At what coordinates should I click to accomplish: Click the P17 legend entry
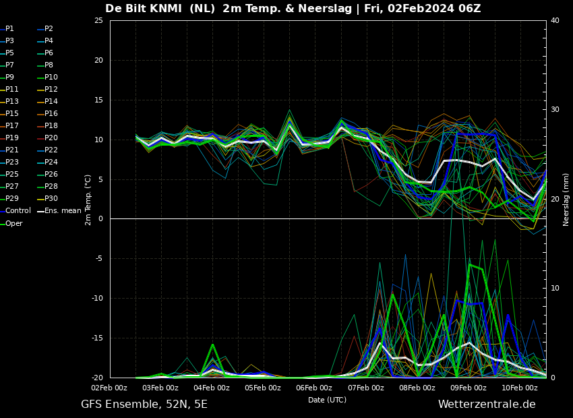[x=13, y=126]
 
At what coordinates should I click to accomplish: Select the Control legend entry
[x=18, y=211]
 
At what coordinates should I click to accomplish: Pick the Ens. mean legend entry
[x=63, y=211]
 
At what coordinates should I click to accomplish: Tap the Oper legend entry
[x=14, y=223]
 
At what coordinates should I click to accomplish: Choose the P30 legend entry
[x=51, y=199]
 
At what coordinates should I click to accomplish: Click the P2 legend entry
[x=49, y=29]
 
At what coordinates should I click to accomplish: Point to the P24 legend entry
[x=51, y=162]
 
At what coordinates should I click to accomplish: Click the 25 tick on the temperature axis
[x=98, y=21]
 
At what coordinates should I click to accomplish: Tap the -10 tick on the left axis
[x=97, y=299]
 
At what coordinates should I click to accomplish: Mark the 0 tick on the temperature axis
[x=100, y=219]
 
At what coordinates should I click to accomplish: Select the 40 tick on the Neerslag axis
[x=555, y=21]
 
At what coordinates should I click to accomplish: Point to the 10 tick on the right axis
[x=555, y=289]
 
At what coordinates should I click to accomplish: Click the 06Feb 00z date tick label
[x=314, y=388]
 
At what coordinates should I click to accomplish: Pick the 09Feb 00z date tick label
[x=468, y=388]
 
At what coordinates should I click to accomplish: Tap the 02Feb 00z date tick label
[x=109, y=388]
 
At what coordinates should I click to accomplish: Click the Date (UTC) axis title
[x=328, y=400]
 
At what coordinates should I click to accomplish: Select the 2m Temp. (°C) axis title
[x=88, y=200]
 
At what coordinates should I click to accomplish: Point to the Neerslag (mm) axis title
[x=566, y=200]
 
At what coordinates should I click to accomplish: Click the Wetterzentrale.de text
[x=487, y=405]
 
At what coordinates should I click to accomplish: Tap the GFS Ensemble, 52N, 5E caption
[x=144, y=405]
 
